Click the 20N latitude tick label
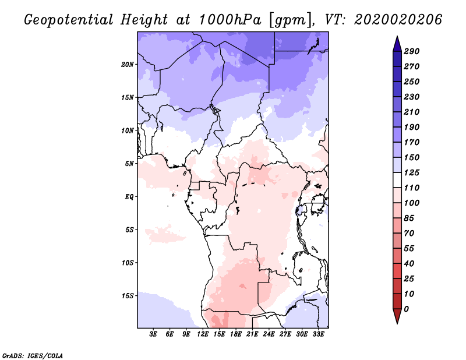coord(128,64)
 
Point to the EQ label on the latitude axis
coord(129,196)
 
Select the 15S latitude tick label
coord(128,295)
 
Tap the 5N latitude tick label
coord(129,163)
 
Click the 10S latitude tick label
coord(128,262)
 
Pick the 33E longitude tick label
coord(319,334)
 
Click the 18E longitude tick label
coord(236,334)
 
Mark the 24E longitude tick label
coord(269,334)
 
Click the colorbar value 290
coord(412,51)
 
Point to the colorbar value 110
coord(412,188)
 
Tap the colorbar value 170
coord(412,142)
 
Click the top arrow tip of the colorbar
coord(396,37)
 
